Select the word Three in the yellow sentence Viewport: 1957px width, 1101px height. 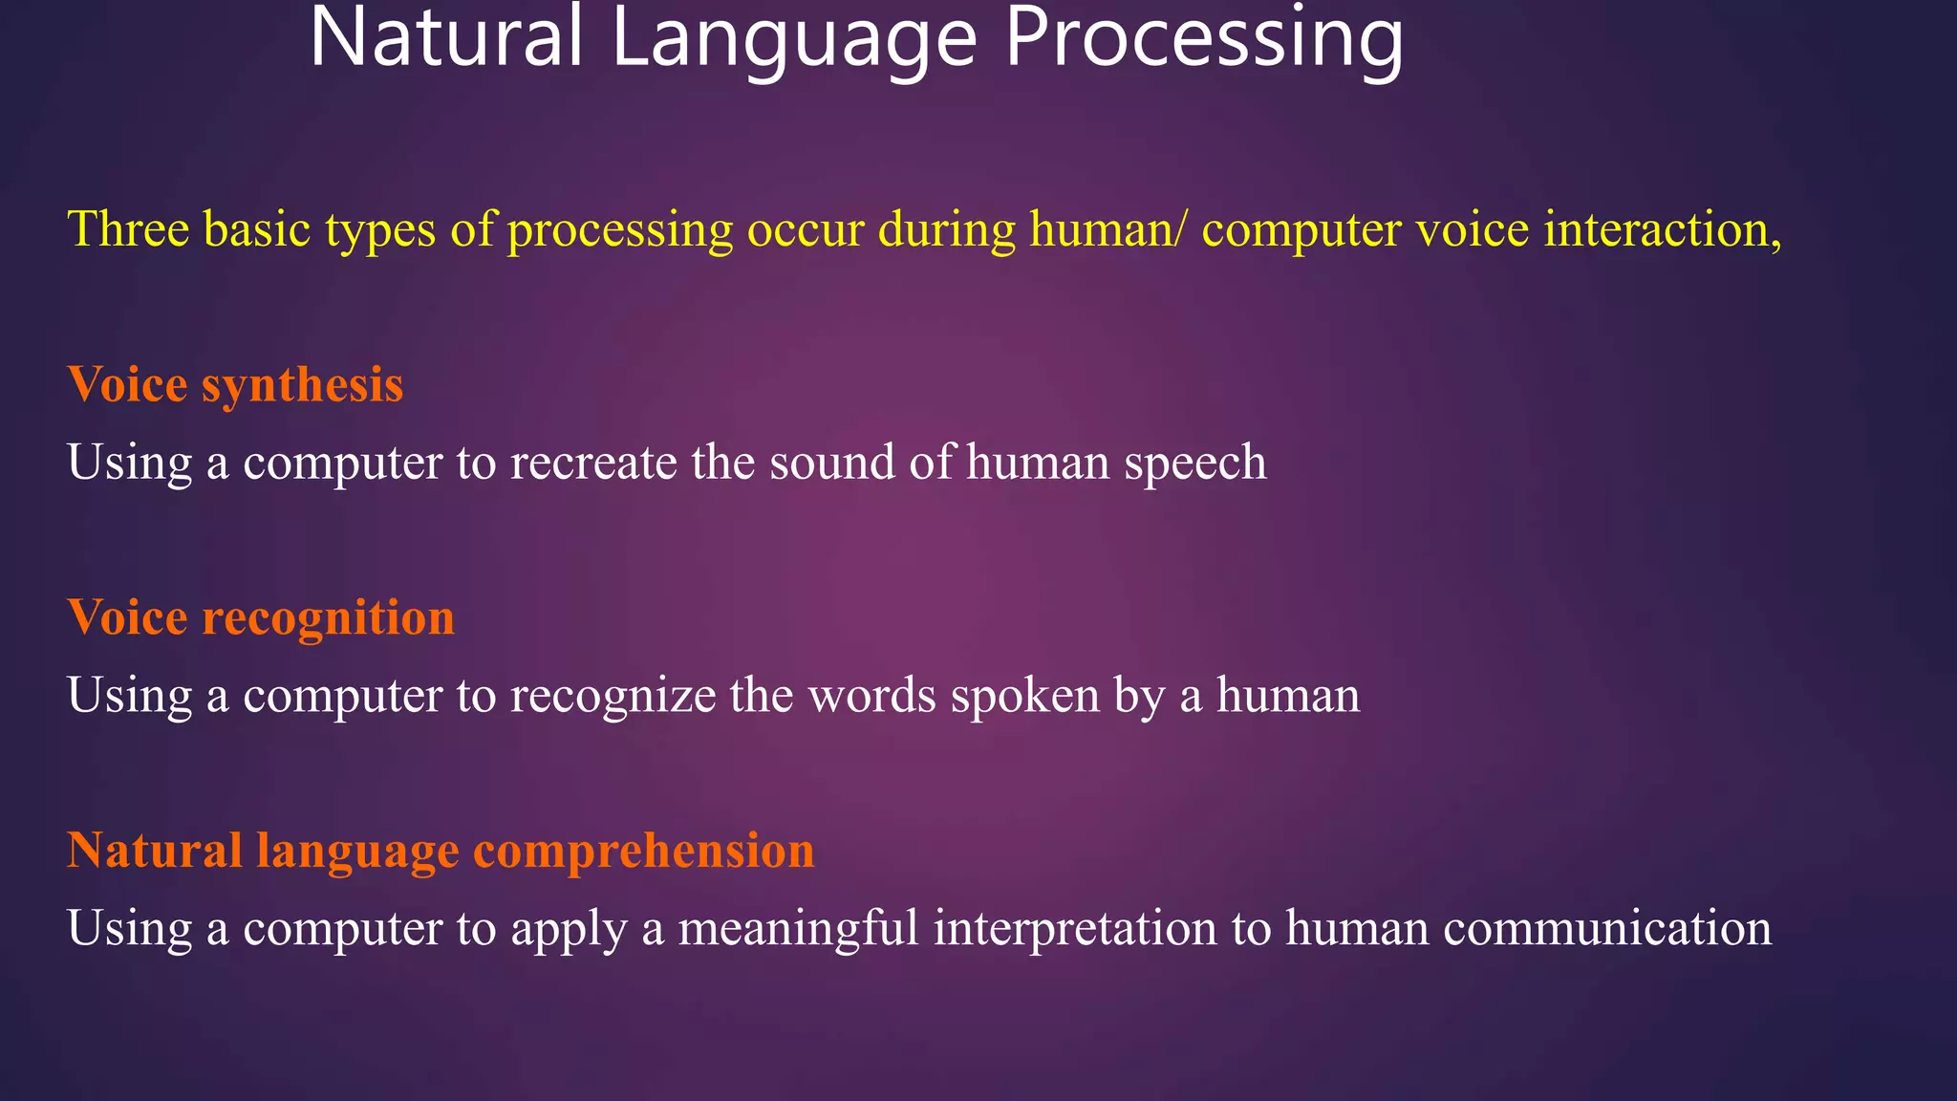[128, 229]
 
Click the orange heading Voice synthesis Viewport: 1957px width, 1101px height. [235, 384]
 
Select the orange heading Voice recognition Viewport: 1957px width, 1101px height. [261, 617]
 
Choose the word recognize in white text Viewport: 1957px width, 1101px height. [613, 695]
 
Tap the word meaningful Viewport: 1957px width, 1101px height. [798, 928]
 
